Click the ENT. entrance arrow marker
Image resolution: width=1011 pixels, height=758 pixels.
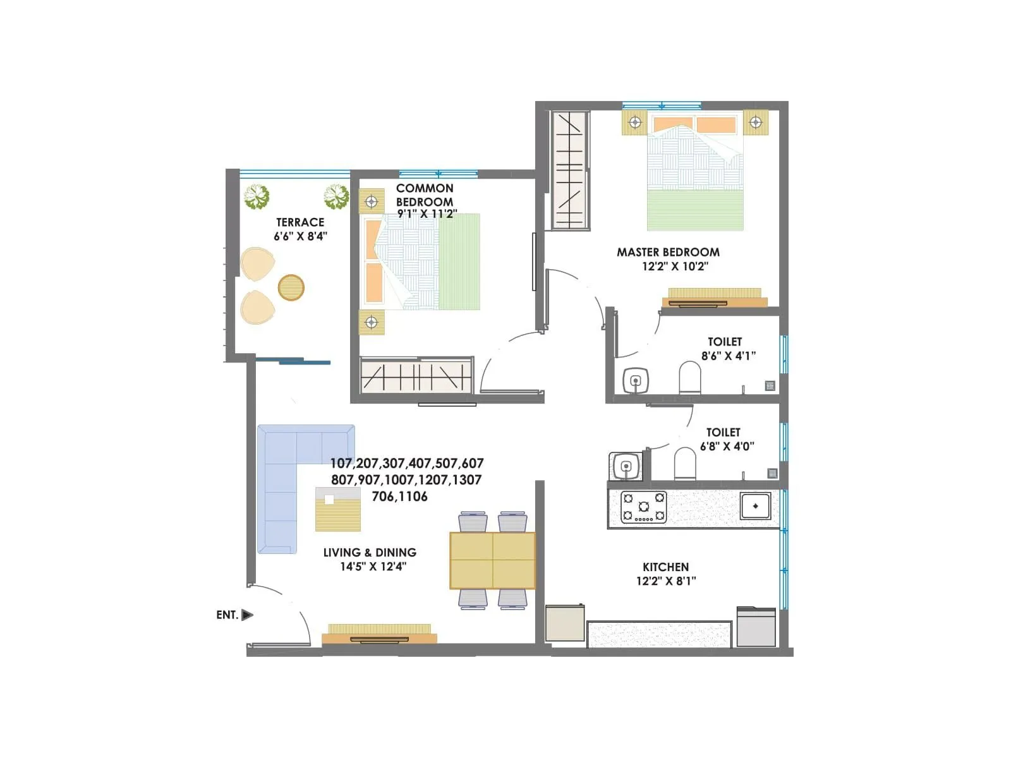tap(247, 615)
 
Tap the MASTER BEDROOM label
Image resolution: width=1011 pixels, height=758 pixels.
tap(668, 252)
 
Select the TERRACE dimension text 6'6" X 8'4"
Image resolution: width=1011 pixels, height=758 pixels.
tap(300, 236)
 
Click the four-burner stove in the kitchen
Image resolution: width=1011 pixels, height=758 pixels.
tap(643, 507)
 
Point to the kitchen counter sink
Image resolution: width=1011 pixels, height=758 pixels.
tap(755, 505)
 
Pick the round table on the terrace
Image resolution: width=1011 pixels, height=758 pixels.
tap(291, 287)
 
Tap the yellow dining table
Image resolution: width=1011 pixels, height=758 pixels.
tap(492, 560)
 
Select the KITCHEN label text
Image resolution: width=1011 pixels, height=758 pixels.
tap(665, 567)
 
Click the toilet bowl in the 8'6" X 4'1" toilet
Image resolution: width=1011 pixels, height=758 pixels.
tap(690, 378)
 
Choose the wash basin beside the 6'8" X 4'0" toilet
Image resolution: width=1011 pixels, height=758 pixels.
tap(626, 467)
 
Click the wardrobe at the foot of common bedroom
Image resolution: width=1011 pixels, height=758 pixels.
tap(416, 377)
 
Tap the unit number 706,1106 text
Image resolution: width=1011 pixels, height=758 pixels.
tap(399, 496)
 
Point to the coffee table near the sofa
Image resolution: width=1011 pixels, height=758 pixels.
tap(338, 509)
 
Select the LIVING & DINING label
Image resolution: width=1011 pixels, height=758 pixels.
tap(370, 553)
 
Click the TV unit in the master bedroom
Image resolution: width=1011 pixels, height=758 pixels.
tap(715, 298)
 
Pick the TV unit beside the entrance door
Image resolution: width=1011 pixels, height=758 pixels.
tap(379, 634)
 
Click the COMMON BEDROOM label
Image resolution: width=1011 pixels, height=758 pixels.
tap(425, 195)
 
